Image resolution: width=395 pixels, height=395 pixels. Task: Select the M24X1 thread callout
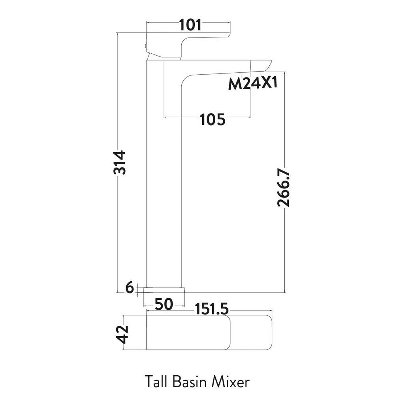tap(252, 85)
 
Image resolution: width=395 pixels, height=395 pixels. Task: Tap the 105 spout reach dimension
tap(212, 119)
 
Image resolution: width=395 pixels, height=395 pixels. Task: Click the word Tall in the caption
tap(157, 382)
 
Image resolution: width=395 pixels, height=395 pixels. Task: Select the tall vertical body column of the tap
tap(164, 178)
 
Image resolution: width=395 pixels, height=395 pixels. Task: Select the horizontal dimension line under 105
tap(186, 117)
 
